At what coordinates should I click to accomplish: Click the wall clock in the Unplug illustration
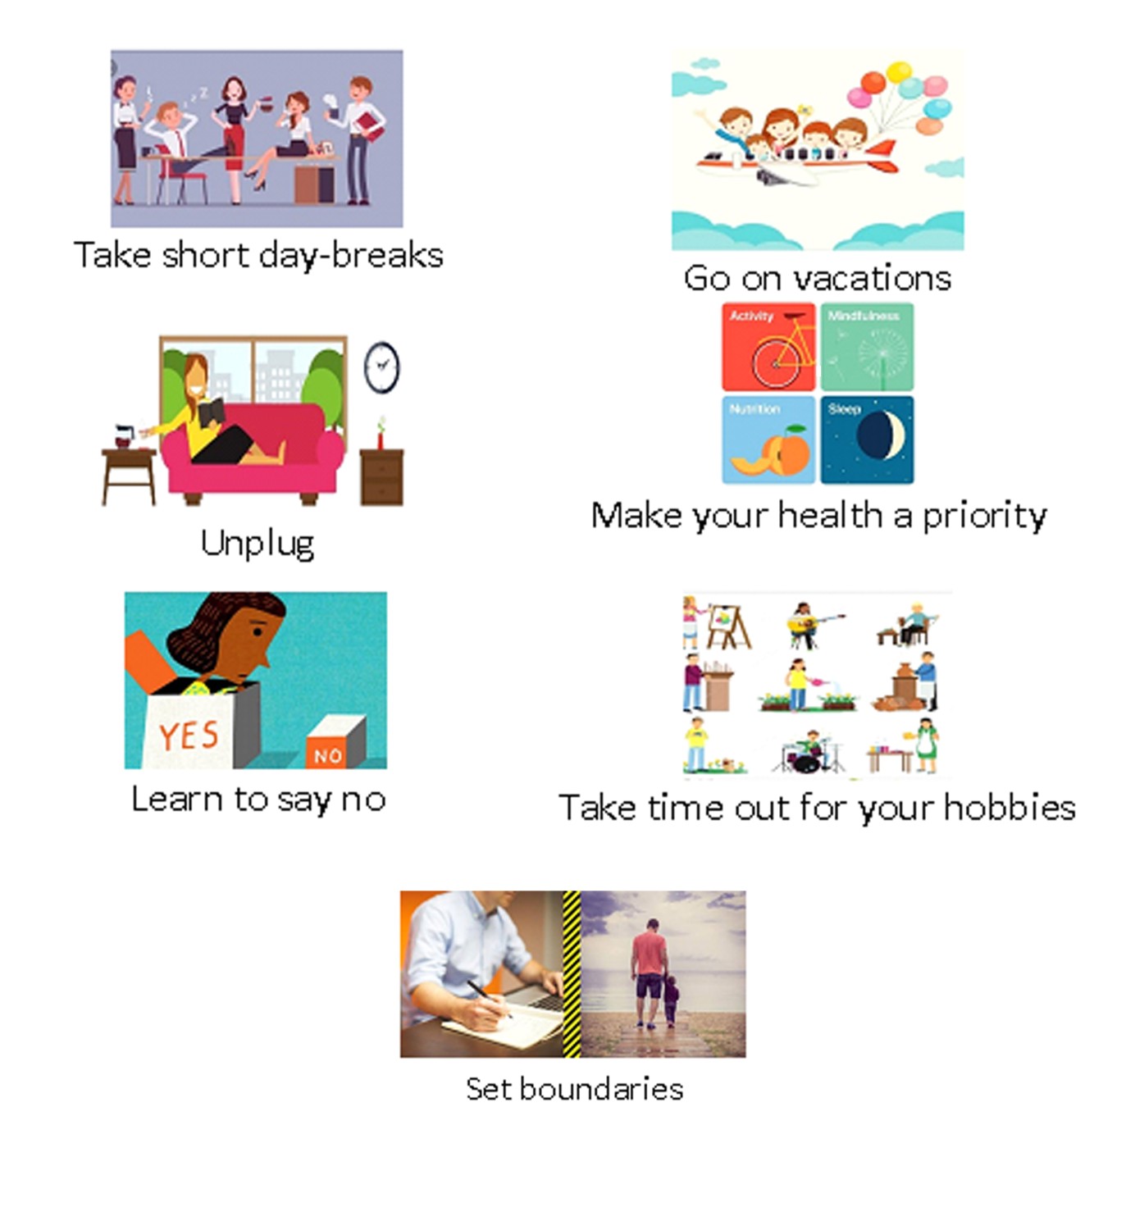(381, 367)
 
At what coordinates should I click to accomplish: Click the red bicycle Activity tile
(768, 348)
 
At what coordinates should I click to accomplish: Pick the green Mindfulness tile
(867, 348)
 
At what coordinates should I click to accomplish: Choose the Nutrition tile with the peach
(768, 440)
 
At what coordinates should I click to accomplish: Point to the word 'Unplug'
(258, 544)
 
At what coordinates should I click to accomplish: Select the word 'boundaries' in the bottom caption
(601, 1089)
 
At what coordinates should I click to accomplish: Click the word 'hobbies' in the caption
(1010, 809)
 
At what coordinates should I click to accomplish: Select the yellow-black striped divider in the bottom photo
(572, 973)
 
